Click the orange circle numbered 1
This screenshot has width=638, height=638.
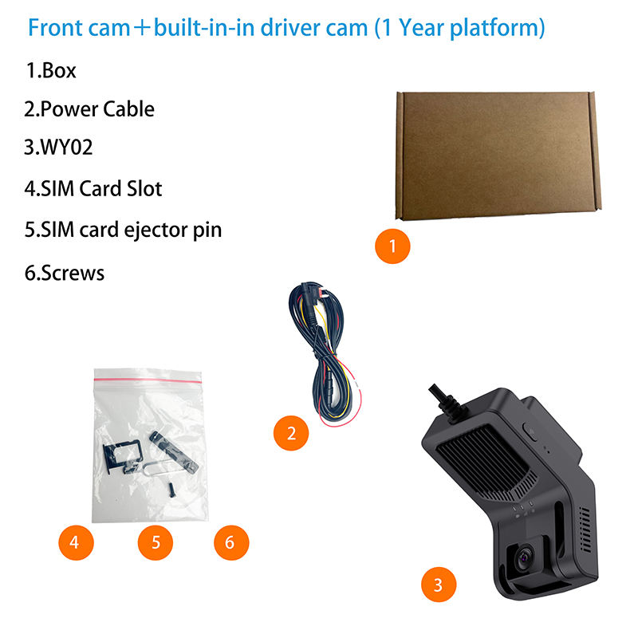pyautogui.click(x=392, y=246)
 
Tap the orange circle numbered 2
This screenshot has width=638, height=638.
pyautogui.click(x=291, y=433)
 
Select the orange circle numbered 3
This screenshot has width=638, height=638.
pyautogui.click(x=438, y=585)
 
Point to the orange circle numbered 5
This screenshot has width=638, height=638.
pyautogui.click(x=156, y=543)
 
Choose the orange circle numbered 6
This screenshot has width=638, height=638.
pyautogui.click(x=230, y=543)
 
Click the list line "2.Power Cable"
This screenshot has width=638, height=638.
pyautogui.click(x=89, y=108)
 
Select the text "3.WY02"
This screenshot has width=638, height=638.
pyautogui.click(x=65, y=148)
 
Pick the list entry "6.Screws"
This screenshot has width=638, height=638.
pyautogui.click(x=65, y=273)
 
